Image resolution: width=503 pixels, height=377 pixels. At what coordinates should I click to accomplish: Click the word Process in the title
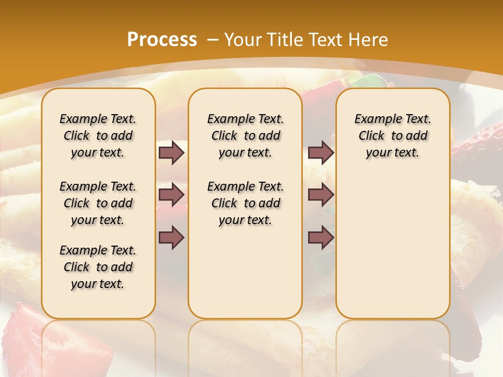(162, 40)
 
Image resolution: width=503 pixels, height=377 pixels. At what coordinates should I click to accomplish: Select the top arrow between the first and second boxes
(171, 153)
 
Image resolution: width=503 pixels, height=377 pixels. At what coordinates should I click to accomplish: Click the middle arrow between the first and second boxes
(171, 195)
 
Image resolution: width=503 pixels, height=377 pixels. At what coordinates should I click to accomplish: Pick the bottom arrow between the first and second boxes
(171, 237)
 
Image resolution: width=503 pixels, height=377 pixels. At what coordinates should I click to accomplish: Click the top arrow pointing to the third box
(321, 153)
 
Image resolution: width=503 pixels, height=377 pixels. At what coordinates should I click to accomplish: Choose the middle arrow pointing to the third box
(321, 195)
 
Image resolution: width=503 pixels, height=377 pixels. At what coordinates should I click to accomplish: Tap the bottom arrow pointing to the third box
(321, 237)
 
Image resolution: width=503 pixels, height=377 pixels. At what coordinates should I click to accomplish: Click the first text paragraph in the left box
(98, 136)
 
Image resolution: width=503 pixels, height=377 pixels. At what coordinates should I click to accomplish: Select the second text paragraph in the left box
(98, 203)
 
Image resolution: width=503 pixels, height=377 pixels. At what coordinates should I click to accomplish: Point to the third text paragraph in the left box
(98, 267)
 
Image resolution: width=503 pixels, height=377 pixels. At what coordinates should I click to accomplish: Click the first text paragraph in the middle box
(245, 136)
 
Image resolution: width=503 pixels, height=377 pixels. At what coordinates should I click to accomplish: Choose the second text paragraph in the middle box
(245, 203)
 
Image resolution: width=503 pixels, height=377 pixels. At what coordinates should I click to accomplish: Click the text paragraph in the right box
(392, 136)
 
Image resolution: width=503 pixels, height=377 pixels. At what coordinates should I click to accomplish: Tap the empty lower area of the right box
(392, 246)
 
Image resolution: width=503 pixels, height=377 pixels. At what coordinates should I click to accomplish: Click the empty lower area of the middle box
(245, 272)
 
